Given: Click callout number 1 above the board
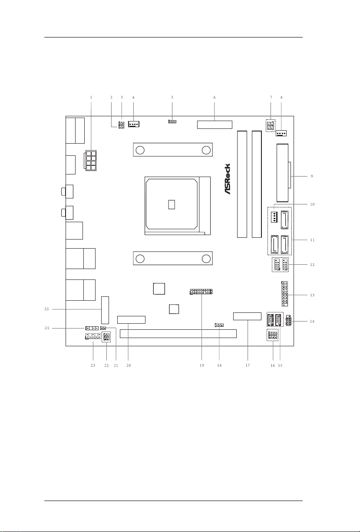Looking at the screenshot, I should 91,97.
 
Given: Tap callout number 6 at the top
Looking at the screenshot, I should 215,97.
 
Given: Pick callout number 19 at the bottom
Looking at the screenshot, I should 202,365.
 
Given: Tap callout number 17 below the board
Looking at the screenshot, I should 248,365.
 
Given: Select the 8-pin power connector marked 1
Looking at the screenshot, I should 91,161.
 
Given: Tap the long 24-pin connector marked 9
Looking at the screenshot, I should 281,173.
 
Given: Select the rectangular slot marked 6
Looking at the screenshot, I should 215,125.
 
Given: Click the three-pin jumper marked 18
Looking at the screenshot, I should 219,325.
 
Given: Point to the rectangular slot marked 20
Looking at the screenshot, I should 131,320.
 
